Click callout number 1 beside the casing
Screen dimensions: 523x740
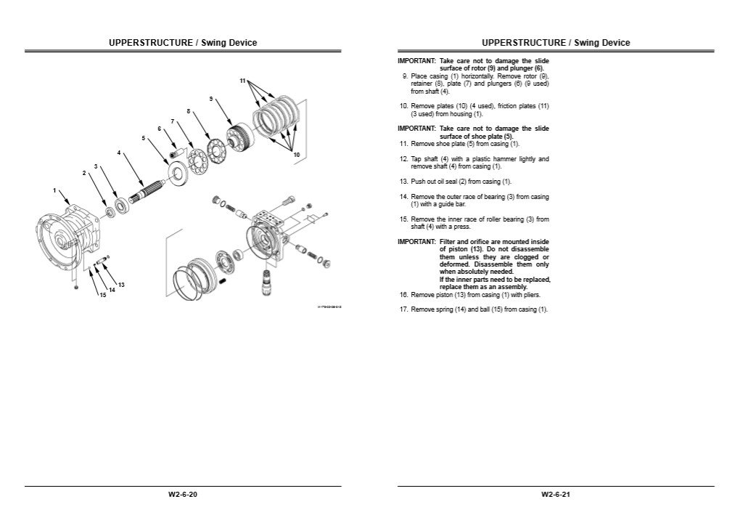coord(54,190)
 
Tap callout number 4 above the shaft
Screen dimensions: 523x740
coord(119,153)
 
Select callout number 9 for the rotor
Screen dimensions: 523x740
coord(210,98)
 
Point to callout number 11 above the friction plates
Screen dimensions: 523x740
coord(243,80)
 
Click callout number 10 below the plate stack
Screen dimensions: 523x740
coord(296,155)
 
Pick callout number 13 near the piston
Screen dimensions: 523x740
coord(121,284)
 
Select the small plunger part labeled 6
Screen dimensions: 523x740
coord(173,153)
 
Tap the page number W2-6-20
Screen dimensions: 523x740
coord(183,495)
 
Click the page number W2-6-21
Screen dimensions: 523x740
coord(556,495)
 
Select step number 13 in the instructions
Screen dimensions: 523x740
coord(404,182)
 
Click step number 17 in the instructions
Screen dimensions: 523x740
coord(404,309)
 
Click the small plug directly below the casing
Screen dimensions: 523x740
coord(75,288)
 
